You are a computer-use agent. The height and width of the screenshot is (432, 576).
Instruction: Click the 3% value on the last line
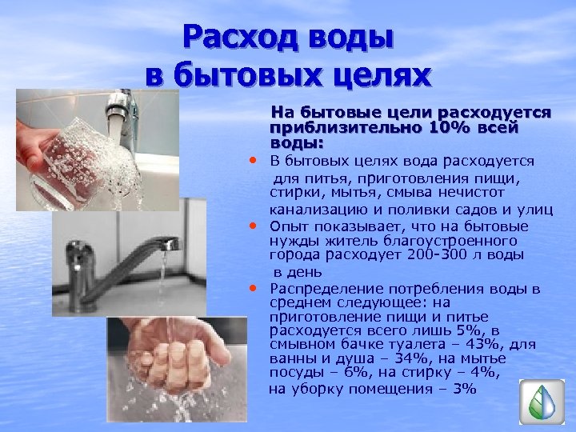tap(464, 389)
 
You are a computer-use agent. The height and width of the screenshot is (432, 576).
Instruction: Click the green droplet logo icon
tap(542, 402)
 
